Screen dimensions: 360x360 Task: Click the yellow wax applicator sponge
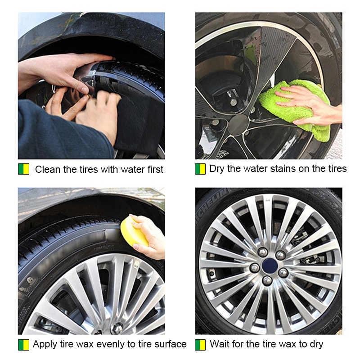point(134,232)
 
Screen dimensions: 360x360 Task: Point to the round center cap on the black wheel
point(238,125)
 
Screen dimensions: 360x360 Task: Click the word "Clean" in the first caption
point(48,170)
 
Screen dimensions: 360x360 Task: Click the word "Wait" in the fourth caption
point(220,344)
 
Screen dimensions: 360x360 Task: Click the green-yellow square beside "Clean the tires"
point(24,169)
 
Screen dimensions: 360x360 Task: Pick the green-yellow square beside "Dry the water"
point(200,169)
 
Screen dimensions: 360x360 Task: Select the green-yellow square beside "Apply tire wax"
point(24,345)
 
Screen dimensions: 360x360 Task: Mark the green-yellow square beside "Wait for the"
point(200,345)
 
